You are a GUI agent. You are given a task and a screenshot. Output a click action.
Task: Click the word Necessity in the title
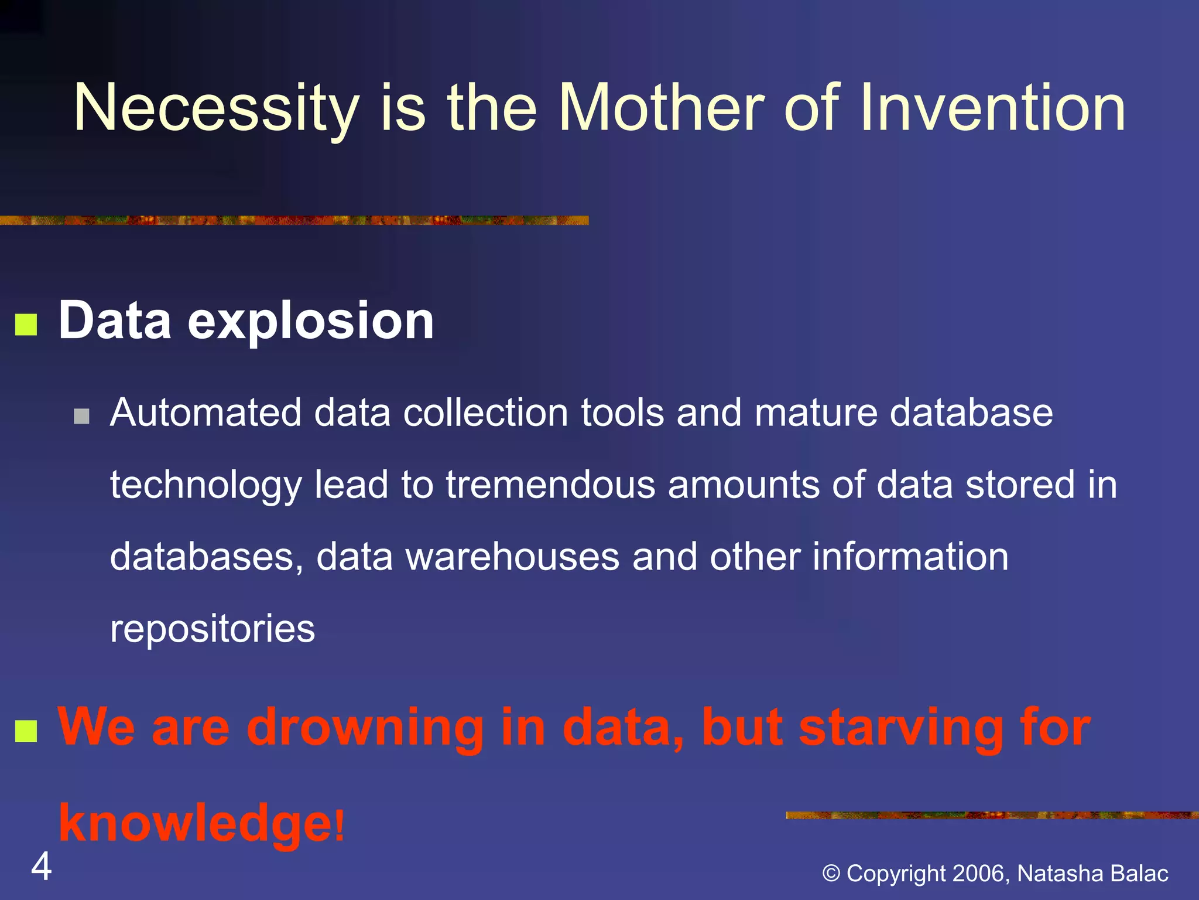tap(215, 108)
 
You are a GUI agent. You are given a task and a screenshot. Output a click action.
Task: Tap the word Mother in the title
tap(661, 108)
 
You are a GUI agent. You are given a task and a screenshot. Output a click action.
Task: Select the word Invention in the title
tap(992, 108)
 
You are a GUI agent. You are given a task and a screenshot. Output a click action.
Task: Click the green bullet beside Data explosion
tap(26, 325)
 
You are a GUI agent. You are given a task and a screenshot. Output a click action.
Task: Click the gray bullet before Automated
tap(82, 417)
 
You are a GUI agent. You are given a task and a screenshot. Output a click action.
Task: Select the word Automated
tap(205, 412)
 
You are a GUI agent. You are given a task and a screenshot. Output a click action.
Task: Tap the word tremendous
tap(550, 485)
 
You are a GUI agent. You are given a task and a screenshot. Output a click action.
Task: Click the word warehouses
tap(512, 557)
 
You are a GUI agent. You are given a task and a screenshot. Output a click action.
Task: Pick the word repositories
tap(213, 629)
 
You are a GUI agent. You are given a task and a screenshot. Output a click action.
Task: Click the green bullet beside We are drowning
tap(26, 731)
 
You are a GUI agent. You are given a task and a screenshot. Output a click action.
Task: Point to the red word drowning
tap(365, 728)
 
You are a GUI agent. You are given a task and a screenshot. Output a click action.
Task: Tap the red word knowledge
tap(195, 823)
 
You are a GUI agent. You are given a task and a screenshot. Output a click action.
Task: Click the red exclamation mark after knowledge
tap(340, 824)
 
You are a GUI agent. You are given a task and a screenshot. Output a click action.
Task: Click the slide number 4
tap(41, 867)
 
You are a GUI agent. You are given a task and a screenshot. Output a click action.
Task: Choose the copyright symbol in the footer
tap(831, 874)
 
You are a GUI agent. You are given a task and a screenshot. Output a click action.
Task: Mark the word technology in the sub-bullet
tap(205, 485)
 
